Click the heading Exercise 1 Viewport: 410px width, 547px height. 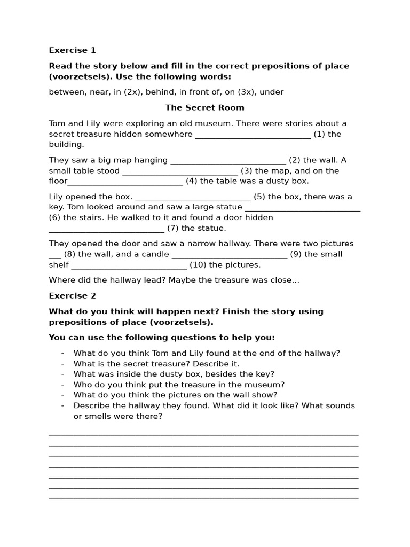(72, 50)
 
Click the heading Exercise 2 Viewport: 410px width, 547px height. (72, 296)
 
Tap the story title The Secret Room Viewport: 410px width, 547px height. (204, 107)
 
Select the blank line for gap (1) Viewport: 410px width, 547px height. (253, 135)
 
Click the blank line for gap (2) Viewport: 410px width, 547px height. (228, 161)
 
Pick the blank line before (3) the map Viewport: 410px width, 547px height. (180, 171)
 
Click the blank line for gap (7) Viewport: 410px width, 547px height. (106, 229)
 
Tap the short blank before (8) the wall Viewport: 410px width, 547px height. (55, 255)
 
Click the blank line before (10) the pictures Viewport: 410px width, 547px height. (129, 265)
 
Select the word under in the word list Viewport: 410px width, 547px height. (271, 92)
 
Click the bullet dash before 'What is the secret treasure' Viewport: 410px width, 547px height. (62, 364)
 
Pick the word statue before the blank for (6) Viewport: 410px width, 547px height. (228, 207)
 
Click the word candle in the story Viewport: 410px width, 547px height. (155, 254)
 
